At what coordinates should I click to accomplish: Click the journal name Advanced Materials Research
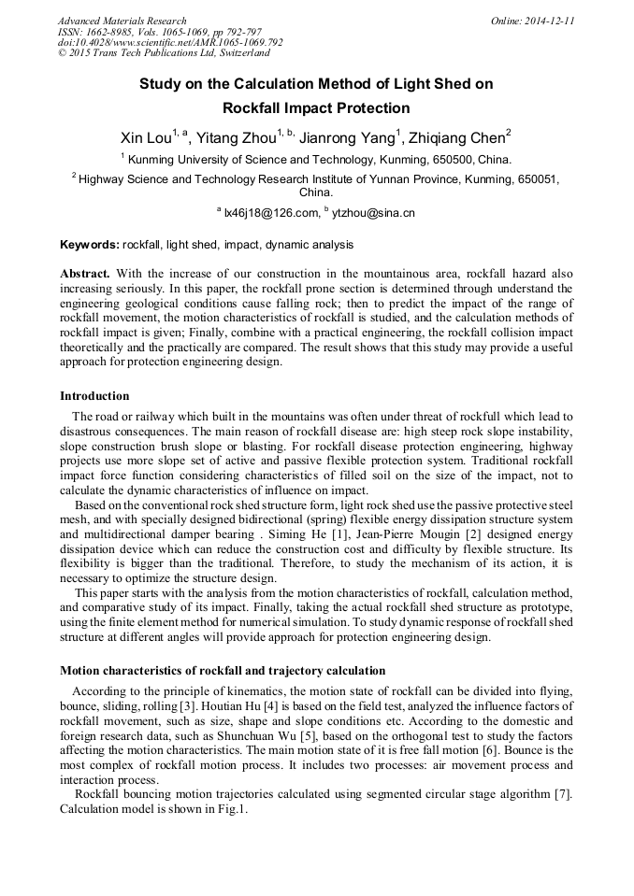122,21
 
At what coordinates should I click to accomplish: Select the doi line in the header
170,43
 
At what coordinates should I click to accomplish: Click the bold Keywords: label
90,246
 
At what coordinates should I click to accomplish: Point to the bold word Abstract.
86,274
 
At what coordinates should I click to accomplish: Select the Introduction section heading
94,396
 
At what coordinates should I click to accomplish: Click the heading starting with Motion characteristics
223,671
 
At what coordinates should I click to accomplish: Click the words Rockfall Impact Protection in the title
316,108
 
